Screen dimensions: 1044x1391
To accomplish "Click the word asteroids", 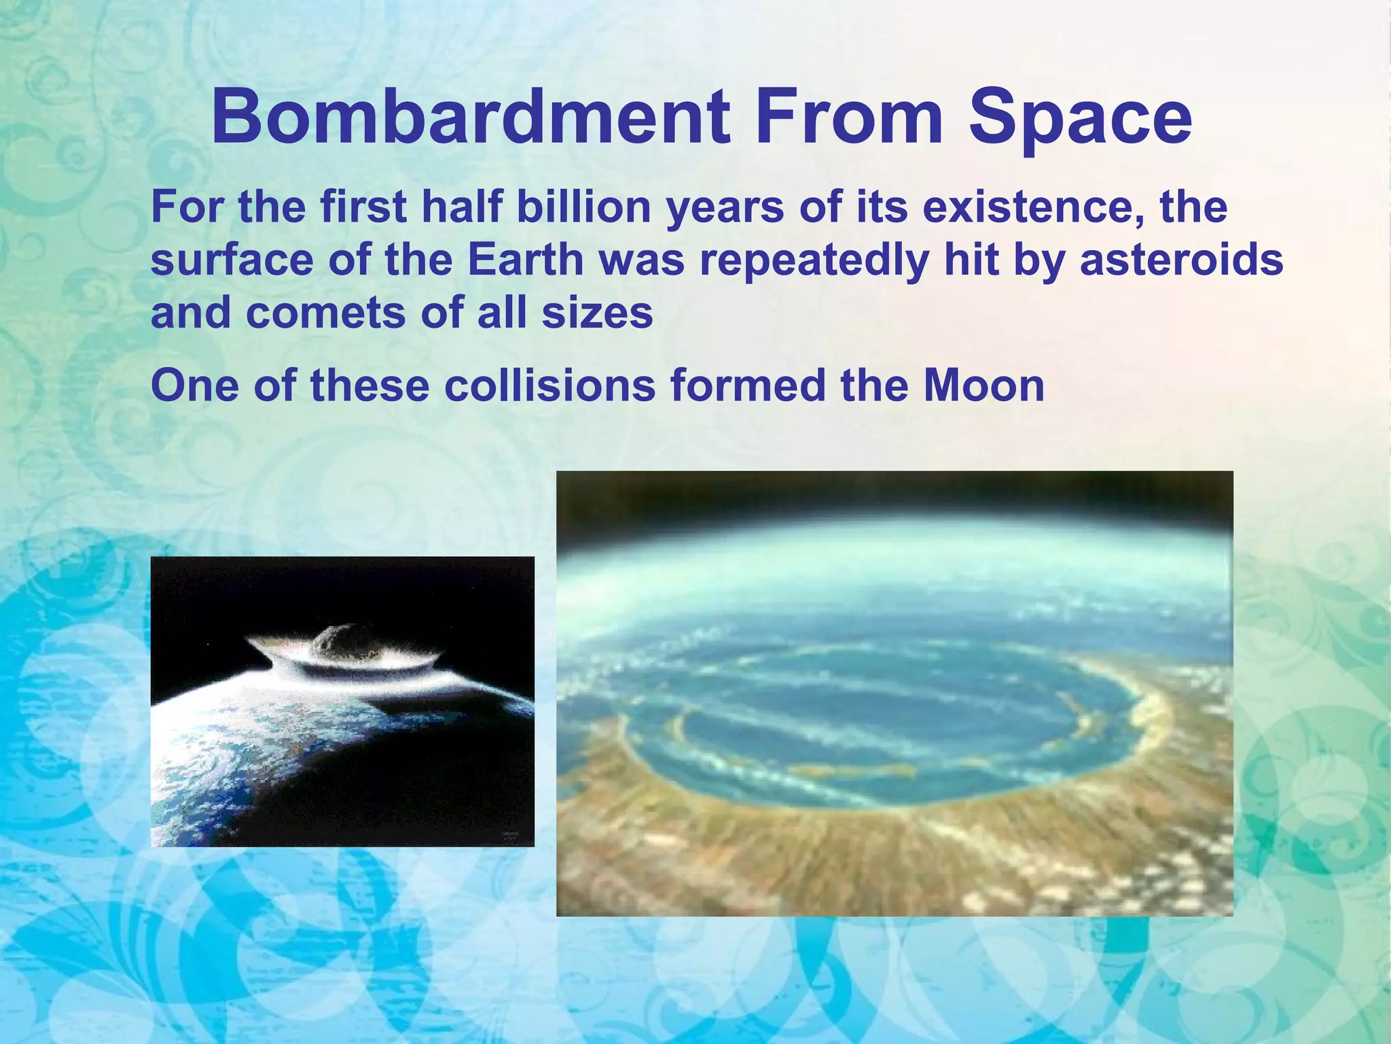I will [1181, 260].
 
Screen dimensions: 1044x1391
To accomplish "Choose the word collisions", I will [550, 385].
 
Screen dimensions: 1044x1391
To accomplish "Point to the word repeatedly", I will [812, 261].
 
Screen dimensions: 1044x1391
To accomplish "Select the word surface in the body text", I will [232, 261].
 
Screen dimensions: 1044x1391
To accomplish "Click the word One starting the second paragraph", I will [194, 385].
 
